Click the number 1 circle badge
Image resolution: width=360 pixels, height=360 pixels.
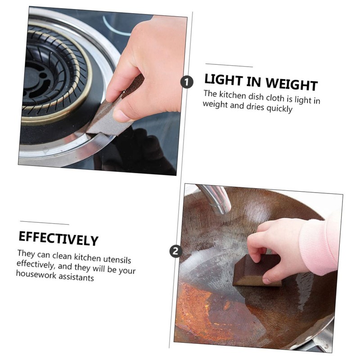[x=187, y=81]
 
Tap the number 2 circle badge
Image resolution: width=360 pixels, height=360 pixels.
[x=175, y=251]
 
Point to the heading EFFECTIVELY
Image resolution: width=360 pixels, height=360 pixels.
[x=58, y=238]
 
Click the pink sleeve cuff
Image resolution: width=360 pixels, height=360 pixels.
[x=317, y=245]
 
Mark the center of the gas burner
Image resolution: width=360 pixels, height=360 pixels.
[x=38, y=74]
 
